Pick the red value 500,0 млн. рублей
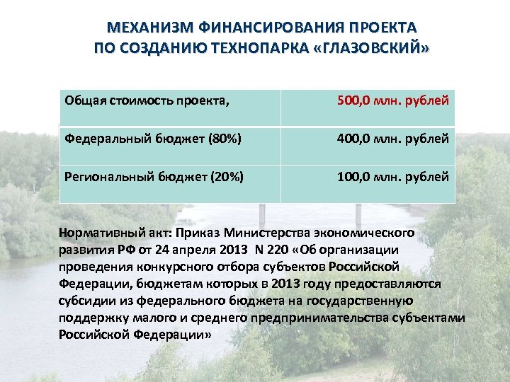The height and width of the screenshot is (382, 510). tap(392, 100)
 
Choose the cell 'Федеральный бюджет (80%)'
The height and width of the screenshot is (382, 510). tap(153, 139)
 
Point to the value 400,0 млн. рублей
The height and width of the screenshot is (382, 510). tap(392, 139)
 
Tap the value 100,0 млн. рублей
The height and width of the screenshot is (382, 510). tap(392, 176)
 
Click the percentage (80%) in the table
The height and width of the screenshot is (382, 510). tap(225, 139)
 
